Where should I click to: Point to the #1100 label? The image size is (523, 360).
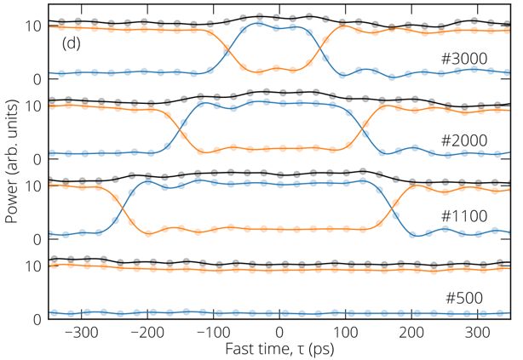click(464, 216)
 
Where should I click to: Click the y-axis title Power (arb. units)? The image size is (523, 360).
click(12, 166)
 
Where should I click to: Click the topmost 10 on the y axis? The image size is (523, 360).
click(34, 26)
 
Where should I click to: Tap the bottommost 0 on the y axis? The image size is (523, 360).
click(38, 319)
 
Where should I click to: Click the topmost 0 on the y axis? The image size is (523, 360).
click(38, 79)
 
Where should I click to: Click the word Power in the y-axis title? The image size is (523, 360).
click(12, 203)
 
